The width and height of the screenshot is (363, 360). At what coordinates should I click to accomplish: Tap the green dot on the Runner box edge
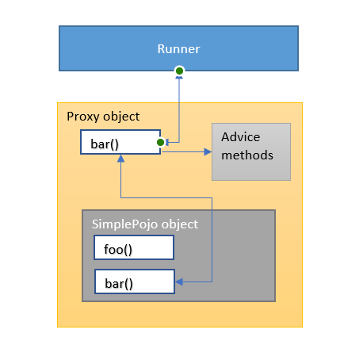click(180, 71)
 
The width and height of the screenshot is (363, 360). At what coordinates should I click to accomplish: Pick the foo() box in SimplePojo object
click(134, 247)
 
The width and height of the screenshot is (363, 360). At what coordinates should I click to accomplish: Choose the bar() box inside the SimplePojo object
click(134, 281)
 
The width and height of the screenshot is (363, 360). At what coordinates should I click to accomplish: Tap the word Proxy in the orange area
click(82, 117)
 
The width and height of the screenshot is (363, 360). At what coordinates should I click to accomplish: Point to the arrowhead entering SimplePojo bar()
click(179, 281)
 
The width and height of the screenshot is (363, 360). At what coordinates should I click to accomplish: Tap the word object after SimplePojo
click(178, 224)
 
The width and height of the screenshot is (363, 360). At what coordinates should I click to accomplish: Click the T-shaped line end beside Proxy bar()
click(167, 143)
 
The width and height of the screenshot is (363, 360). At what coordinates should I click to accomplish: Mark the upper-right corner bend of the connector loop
click(212, 197)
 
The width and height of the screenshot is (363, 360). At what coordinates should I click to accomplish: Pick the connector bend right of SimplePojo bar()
click(212, 281)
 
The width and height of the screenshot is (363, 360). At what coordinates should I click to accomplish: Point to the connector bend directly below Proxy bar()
click(120, 197)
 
